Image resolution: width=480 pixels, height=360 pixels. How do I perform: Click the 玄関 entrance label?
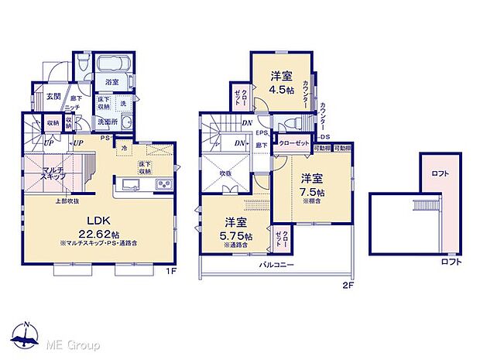pyautogui.click(x=53, y=96)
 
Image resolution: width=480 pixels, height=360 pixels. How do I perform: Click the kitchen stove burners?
pyautogui.click(x=165, y=183)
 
